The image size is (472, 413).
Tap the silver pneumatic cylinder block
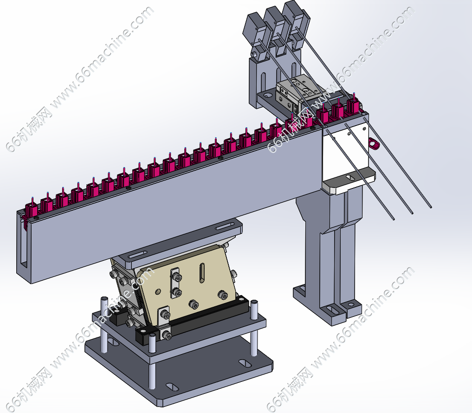coord(298,92)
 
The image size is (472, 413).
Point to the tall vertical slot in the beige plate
coord(202,273)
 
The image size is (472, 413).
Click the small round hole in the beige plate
coord(158,291)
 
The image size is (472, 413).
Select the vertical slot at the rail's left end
coord(25,244)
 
